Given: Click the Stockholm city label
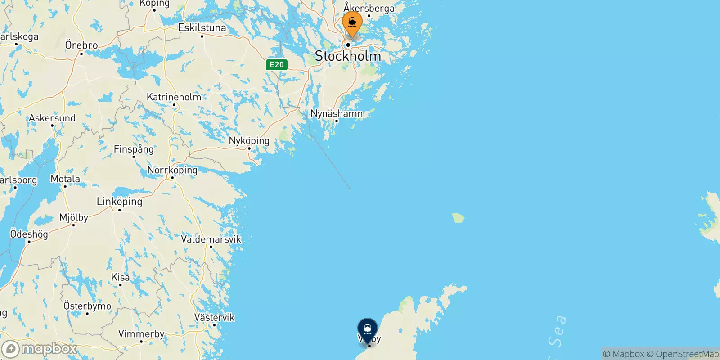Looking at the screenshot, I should pos(348,56).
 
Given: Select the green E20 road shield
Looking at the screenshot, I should pos(277,64).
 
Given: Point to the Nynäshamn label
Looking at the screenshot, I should pos(337,113).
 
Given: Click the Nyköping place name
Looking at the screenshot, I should pos(249,141).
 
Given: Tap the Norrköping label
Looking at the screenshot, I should pos(172,170).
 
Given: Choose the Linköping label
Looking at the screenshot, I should pos(119,201).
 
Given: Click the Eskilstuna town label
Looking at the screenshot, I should pos(202,28).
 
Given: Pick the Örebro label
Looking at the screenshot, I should pos(81,45).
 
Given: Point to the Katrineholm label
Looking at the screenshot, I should pos(174,97).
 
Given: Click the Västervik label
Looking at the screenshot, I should pos(214,317).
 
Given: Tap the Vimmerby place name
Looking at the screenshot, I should pos(141,334).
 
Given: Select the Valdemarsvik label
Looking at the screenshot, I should pos(211,239).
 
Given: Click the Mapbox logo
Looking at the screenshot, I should pos(40,349).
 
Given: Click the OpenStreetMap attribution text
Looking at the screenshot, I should pos(683,354).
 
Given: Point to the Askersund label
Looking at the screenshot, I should pos(52,118).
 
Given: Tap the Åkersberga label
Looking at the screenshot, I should pos(369,8).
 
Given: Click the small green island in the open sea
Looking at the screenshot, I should pos(458,218).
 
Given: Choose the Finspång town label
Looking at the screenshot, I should pos(134,149).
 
